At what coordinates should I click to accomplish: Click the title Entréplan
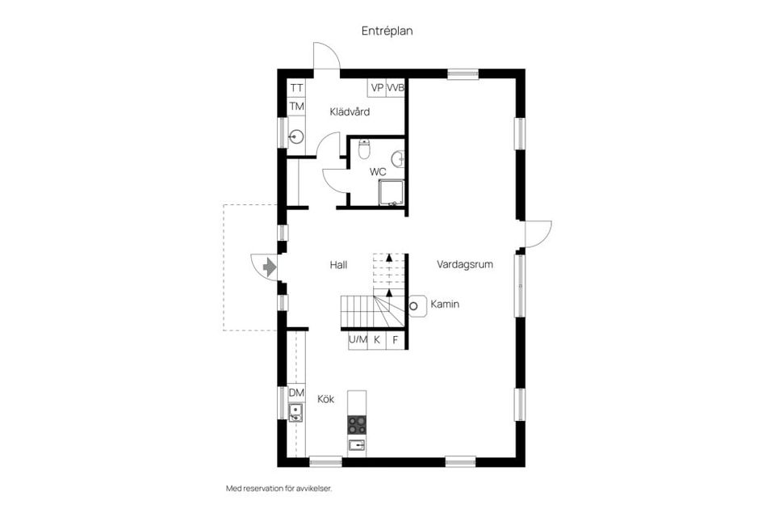pos(387,30)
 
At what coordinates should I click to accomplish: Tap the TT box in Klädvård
pos(296,88)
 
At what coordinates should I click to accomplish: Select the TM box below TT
pos(296,107)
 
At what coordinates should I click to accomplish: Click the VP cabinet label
pos(377,87)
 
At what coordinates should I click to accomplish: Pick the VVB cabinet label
pos(396,87)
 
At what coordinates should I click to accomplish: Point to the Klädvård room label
pos(350,111)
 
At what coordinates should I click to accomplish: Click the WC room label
pos(378,172)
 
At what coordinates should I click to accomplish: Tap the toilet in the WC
pos(364,149)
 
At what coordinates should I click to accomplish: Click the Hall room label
pos(338,264)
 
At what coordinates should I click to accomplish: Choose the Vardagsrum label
pos(465,264)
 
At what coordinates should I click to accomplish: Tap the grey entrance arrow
pos(269,265)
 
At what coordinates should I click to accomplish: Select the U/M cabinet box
pos(358,340)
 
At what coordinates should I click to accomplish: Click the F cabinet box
pos(396,340)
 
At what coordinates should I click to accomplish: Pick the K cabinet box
pos(377,340)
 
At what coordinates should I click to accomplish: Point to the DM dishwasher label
pos(296,393)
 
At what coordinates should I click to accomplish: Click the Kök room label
pos(325,399)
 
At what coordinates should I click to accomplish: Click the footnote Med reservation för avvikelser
pos(279,489)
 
